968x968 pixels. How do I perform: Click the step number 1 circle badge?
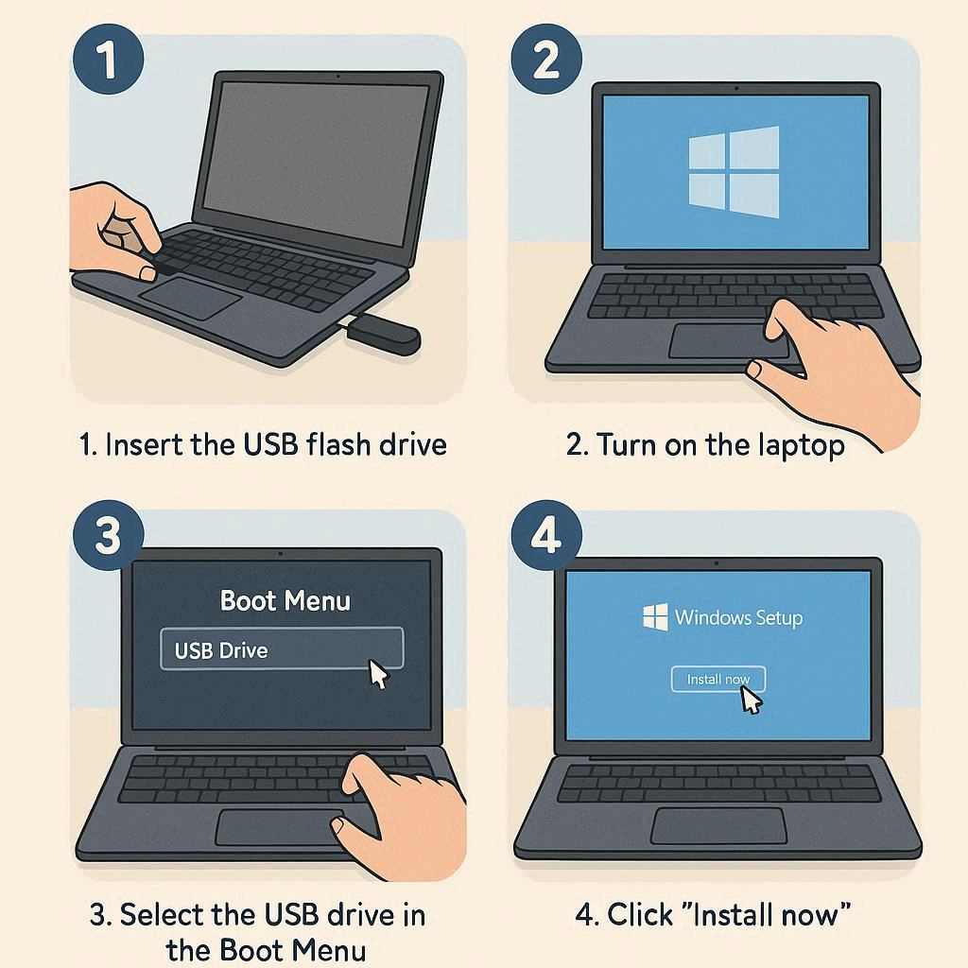click(108, 59)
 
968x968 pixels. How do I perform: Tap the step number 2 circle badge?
click(546, 59)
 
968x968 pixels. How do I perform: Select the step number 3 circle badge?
click(108, 535)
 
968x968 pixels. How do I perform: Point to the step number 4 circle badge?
click(546, 535)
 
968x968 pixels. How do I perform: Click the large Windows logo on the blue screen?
click(734, 172)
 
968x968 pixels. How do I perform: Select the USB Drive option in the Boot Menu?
click(282, 648)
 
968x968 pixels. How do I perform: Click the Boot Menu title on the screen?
click(285, 600)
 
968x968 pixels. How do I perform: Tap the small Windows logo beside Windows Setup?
click(655, 616)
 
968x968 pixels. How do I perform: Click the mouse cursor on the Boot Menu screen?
click(378, 673)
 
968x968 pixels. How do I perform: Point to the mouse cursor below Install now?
click(751, 700)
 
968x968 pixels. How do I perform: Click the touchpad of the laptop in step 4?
click(718, 825)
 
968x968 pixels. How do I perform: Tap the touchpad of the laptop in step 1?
click(190, 298)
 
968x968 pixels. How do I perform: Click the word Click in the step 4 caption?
click(640, 915)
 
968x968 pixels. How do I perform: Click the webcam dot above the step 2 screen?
click(735, 88)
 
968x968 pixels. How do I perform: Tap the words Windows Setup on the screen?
click(738, 617)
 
